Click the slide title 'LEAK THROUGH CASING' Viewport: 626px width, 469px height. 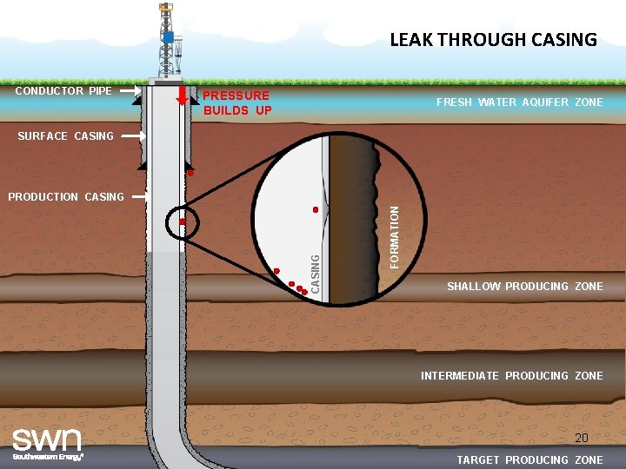point(493,39)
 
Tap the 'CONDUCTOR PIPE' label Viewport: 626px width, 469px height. point(63,90)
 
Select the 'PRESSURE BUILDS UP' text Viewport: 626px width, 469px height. point(236,102)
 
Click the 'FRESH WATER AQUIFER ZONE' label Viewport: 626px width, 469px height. point(519,102)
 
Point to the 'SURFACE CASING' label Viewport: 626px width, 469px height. point(65,136)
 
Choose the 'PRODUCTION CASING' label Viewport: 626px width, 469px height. point(65,197)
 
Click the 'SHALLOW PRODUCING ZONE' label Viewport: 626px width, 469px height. point(524,287)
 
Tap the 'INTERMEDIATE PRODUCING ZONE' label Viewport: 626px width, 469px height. point(511,376)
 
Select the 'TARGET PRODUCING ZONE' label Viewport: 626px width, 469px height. point(529,460)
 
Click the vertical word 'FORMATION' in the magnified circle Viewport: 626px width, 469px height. point(394,235)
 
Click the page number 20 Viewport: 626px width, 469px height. point(582,438)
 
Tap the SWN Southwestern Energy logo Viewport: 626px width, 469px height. point(47,442)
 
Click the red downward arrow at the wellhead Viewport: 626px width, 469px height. point(182,95)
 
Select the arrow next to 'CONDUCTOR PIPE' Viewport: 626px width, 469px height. point(130,90)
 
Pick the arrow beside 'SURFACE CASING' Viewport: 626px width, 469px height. point(132,136)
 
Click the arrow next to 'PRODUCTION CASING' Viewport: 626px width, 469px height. point(137,197)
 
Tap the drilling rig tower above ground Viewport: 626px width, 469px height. point(166,42)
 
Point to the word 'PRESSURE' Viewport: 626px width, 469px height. point(236,96)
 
